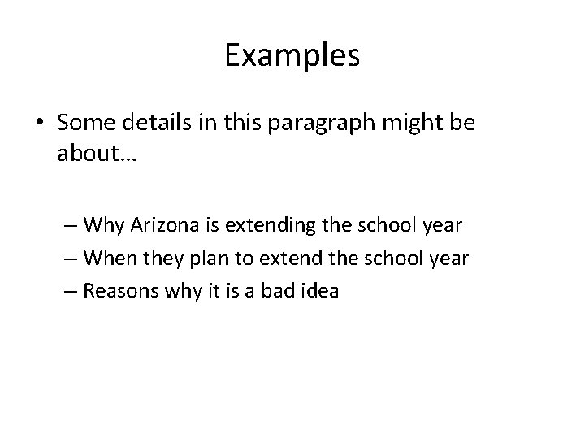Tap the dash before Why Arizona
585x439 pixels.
tap(68, 223)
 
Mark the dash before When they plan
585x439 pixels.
tap(68, 257)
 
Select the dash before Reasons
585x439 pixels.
tap(68, 290)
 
